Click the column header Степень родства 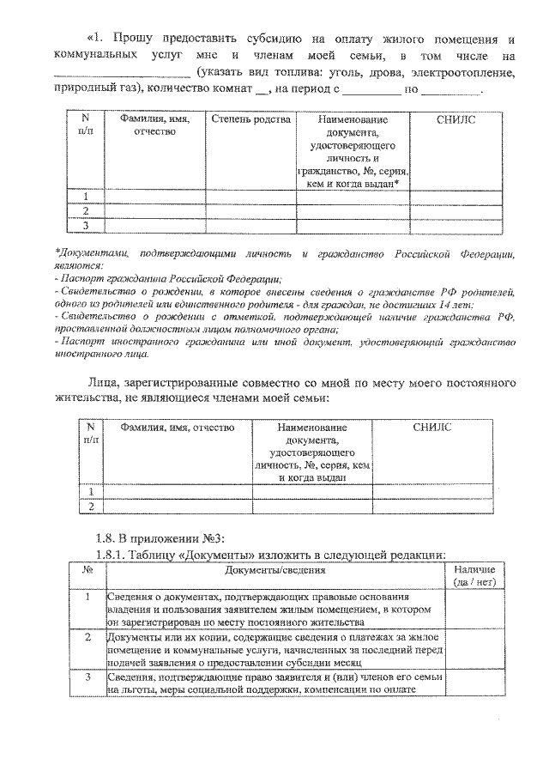[251, 119]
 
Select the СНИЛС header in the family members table [455, 119]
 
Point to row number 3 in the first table [86, 225]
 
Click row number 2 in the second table [91, 507]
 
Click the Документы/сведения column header [275, 570]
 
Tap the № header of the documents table [87, 570]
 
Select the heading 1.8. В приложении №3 [159, 538]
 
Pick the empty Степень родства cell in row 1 [251, 196]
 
